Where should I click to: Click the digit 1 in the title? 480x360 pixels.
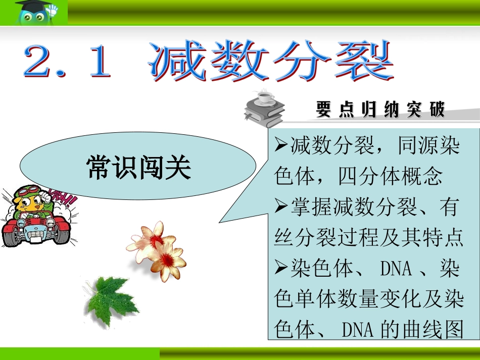[99, 62]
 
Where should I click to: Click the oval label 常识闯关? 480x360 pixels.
[138, 167]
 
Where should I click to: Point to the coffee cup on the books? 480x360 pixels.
[265, 96]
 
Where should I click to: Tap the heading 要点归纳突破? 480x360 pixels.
[380, 110]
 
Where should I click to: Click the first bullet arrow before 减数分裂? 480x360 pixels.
[281, 146]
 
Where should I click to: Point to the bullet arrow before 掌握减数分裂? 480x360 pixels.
[281, 207]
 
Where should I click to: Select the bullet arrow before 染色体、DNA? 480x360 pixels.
[281, 268]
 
